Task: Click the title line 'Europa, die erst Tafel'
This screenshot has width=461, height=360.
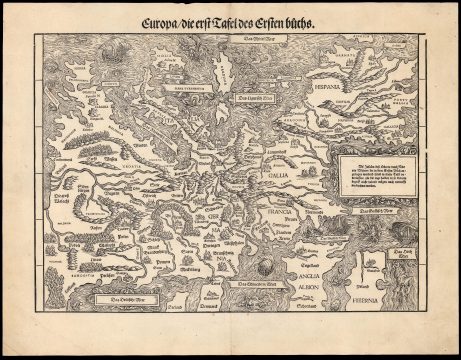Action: tap(229, 21)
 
